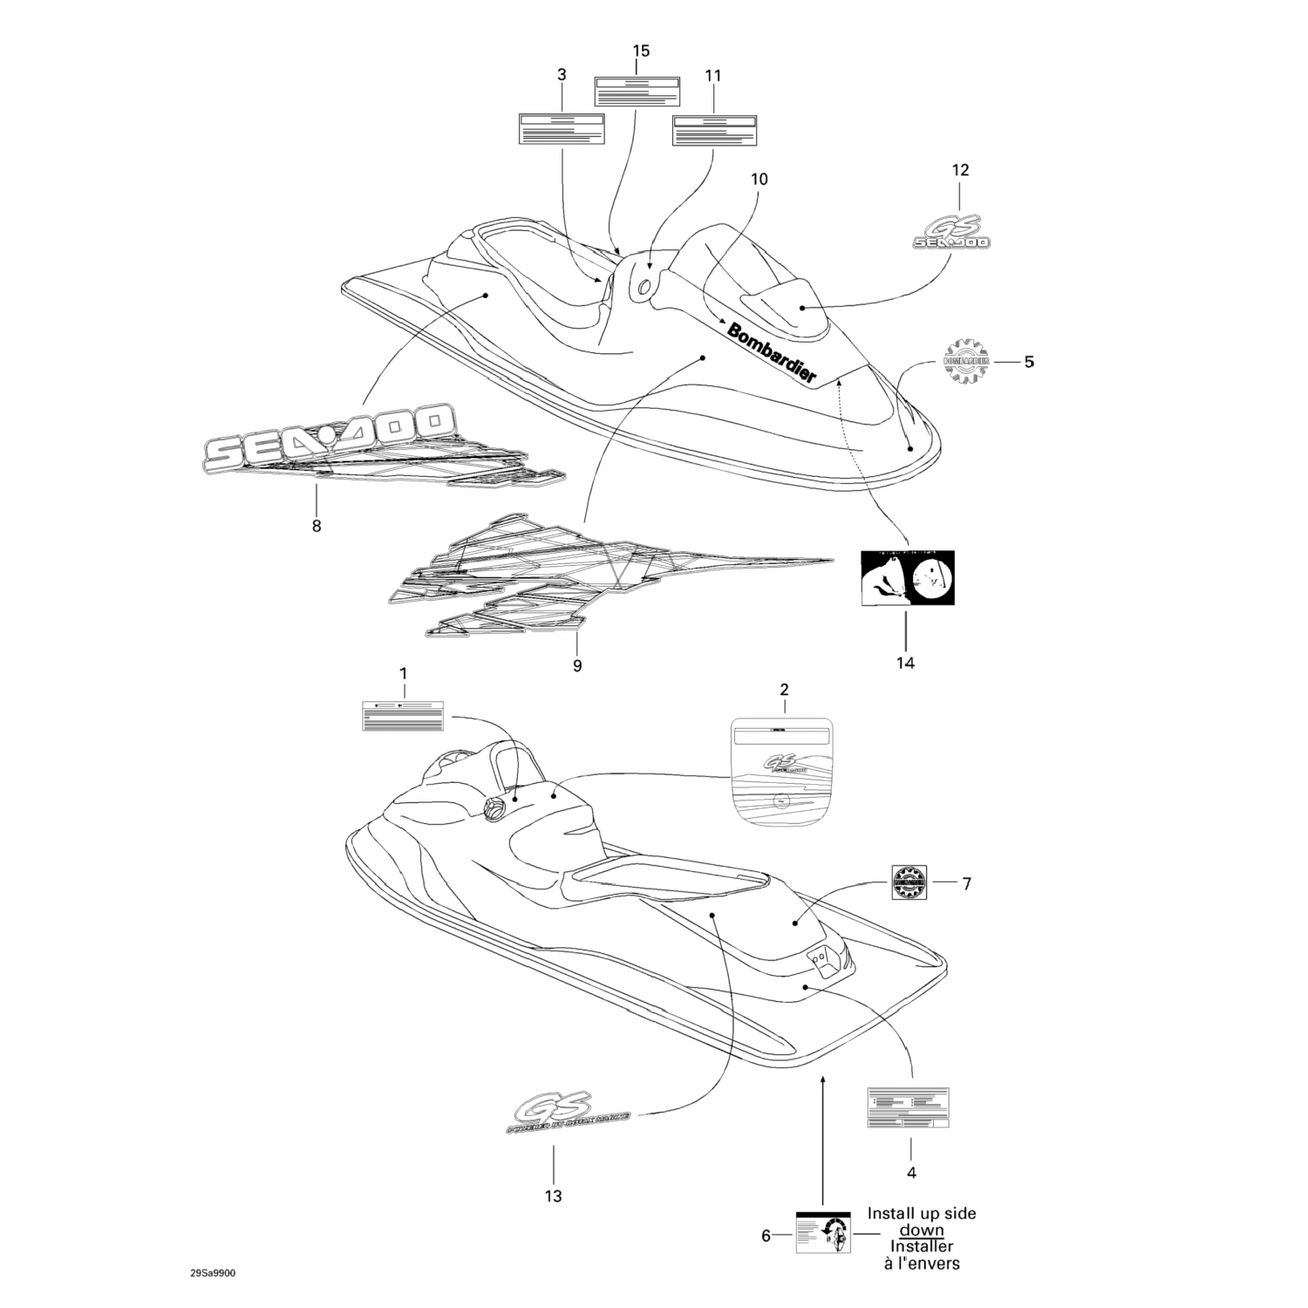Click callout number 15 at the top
click(641, 51)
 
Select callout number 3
click(562, 76)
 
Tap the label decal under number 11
click(713, 131)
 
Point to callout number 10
click(760, 180)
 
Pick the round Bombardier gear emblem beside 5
click(966, 360)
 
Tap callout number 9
click(576, 665)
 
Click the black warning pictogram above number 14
click(908, 579)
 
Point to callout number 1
click(403, 673)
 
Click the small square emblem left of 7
click(909, 882)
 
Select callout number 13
click(553, 1196)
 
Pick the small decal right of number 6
click(823, 1233)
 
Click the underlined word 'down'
click(921, 1230)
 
